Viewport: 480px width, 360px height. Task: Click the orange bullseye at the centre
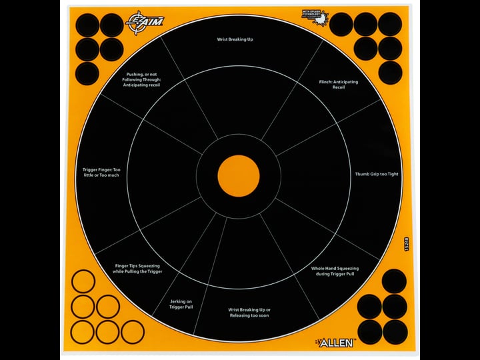(239, 176)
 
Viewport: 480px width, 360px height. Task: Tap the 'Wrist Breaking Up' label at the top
(235, 39)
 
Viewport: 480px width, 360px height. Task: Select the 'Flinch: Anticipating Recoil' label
(339, 85)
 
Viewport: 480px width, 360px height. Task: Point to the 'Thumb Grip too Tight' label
(377, 174)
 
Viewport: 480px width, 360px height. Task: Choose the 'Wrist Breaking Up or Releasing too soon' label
(249, 313)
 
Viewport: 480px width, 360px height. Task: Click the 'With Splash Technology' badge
(315, 18)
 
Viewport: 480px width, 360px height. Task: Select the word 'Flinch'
(326, 82)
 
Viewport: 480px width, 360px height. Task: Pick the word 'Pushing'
(136, 74)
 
